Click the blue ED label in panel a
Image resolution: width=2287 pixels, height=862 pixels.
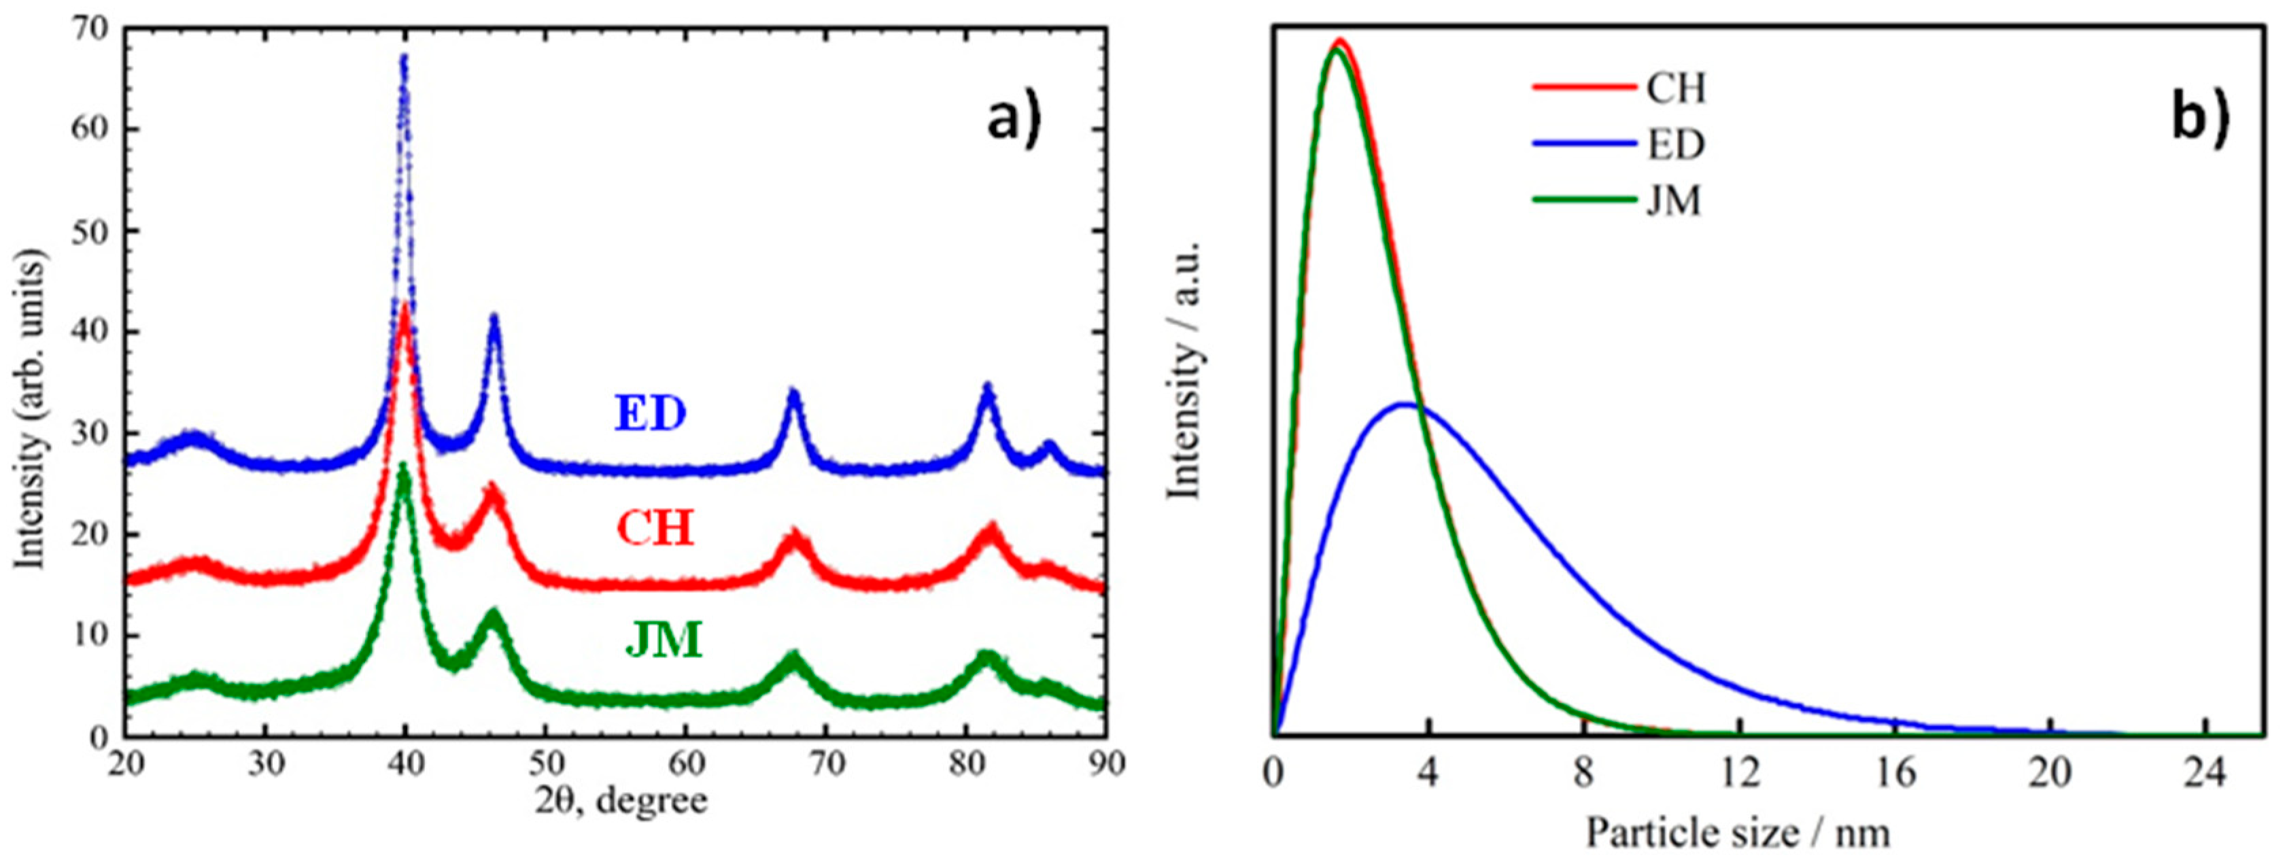(651, 415)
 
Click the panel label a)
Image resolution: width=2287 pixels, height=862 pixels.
(1013, 119)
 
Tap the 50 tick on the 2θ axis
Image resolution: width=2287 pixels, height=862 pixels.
(545, 763)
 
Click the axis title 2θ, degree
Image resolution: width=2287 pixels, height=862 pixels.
(621, 801)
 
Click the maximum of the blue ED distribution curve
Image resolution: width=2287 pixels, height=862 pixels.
(1405, 404)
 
